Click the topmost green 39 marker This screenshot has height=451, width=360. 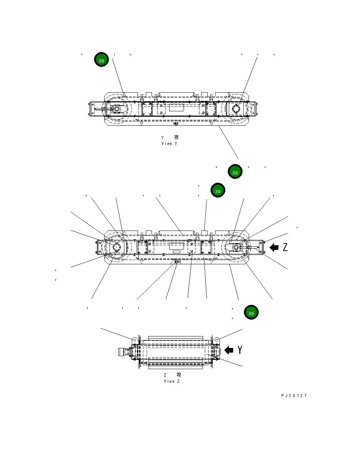click(x=102, y=60)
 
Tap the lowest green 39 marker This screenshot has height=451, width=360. click(x=251, y=313)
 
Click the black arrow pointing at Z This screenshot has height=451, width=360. click(x=274, y=247)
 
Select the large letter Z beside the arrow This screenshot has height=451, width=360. click(x=285, y=247)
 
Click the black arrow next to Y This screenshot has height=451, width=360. click(x=229, y=350)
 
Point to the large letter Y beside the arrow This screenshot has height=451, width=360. click(x=240, y=350)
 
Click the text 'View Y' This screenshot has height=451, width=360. click(x=169, y=144)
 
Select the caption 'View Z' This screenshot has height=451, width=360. click(x=171, y=381)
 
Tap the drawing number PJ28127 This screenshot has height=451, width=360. click(x=294, y=396)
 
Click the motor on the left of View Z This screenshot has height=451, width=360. click(x=124, y=352)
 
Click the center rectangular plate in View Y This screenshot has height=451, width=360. click(x=176, y=108)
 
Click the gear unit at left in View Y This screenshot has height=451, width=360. click(x=116, y=109)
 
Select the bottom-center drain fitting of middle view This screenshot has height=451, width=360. click(x=176, y=262)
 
